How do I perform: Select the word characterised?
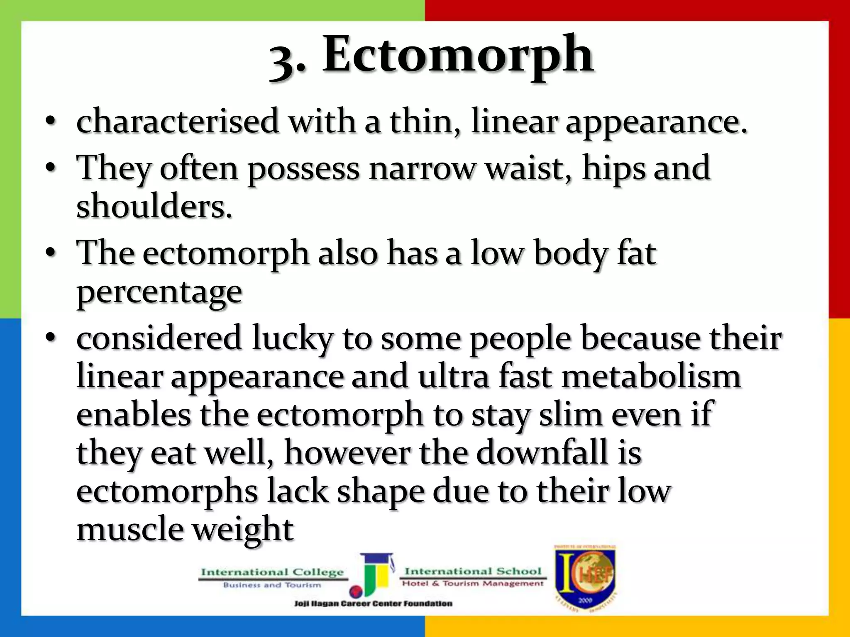[178, 122]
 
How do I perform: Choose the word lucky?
[293, 338]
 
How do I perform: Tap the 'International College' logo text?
[272, 573]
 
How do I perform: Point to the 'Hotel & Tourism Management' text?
[473, 584]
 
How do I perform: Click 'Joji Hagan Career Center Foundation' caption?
[373, 603]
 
